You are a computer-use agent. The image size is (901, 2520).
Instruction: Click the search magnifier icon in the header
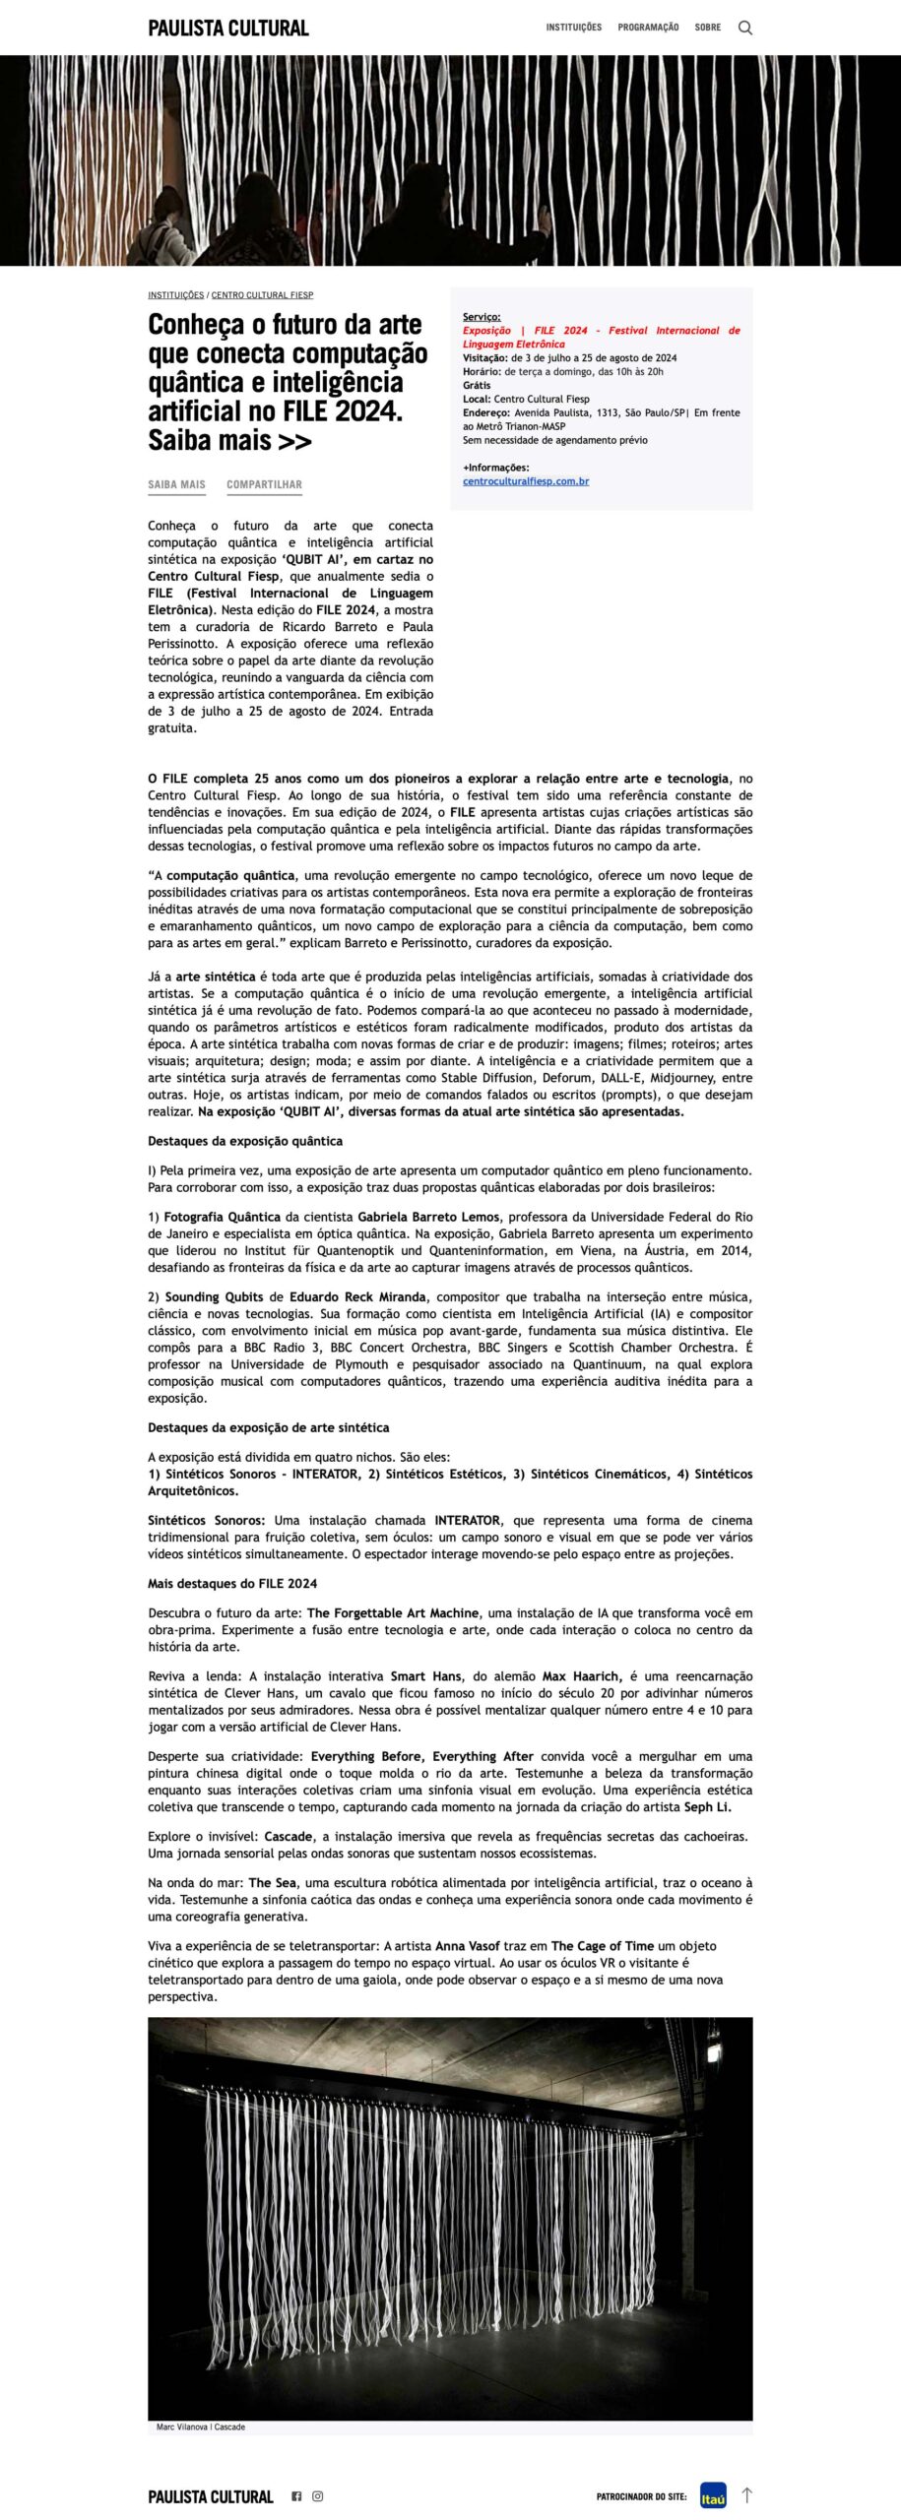745,28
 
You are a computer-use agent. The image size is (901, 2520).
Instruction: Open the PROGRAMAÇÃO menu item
648,28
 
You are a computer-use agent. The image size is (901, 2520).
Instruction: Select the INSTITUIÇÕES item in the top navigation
574,28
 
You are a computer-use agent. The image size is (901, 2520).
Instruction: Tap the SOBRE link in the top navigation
707,28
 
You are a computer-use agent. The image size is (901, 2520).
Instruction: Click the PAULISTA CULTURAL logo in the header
228,28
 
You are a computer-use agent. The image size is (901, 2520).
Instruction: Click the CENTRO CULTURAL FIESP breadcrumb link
262,295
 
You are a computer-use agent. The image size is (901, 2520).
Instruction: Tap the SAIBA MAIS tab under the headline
177,484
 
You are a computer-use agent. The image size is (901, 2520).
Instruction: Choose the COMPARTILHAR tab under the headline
264,484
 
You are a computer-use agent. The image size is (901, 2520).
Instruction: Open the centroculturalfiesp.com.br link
526,481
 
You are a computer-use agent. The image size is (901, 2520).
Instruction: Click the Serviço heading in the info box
482,317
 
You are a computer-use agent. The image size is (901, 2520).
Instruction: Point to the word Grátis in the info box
477,385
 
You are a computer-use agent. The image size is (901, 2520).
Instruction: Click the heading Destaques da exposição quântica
245,1141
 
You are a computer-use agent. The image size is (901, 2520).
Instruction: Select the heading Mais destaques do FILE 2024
232,1583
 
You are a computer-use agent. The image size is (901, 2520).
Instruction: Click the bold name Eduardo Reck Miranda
357,1296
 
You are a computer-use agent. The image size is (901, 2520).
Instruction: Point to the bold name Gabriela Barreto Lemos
428,1217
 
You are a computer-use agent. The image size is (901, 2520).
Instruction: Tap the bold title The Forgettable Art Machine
393,1612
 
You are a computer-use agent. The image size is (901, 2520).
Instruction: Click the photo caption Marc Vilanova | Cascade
201,2426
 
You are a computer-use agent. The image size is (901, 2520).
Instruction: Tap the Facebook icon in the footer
296,2495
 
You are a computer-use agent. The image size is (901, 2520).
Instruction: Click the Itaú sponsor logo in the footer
713,2495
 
